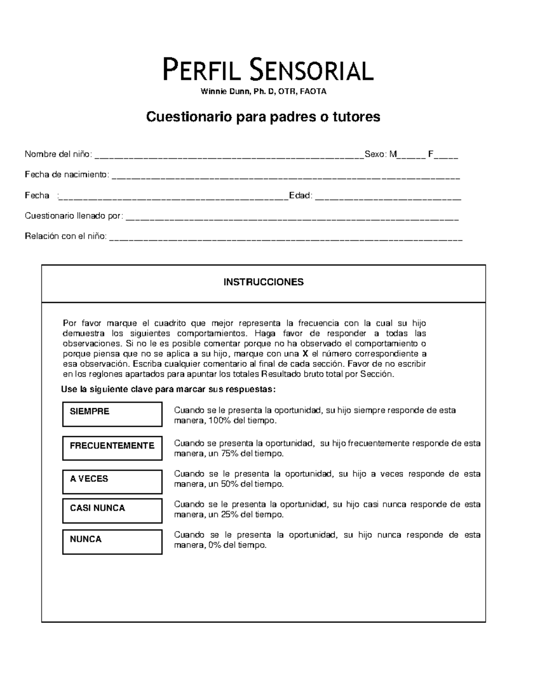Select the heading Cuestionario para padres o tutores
pyautogui.click(x=263, y=117)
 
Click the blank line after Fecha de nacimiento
pyautogui.click(x=285, y=176)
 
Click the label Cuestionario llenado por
pyautogui.click(x=73, y=216)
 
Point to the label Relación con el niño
pyautogui.click(x=66, y=236)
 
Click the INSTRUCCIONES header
pyautogui.click(x=263, y=282)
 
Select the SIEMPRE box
pyautogui.click(x=112, y=414)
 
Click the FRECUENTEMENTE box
pyautogui.click(x=112, y=448)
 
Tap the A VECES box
pyautogui.click(x=112, y=482)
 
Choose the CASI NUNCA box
pyautogui.click(x=112, y=510)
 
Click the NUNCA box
pyautogui.click(x=112, y=541)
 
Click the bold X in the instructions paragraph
pyautogui.click(x=306, y=354)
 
